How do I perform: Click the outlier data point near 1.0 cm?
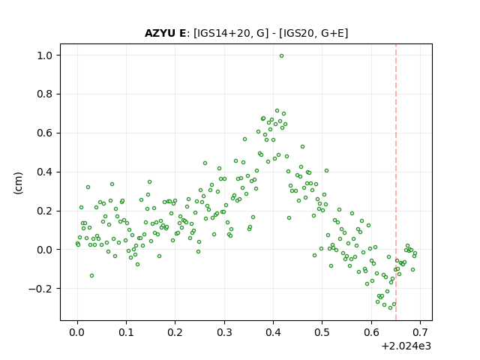[x=281, y=56]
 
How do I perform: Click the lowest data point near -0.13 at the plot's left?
[x=91, y=276]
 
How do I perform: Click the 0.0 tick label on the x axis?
[x=77, y=332]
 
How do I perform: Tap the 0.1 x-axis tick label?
[x=126, y=332]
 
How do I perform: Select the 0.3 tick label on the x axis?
[x=224, y=332]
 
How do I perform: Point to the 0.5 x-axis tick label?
[x=322, y=332]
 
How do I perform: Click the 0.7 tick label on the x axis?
[x=420, y=332]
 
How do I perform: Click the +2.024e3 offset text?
[x=406, y=346]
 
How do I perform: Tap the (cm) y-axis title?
[x=18, y=183]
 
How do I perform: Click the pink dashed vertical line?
[x=396, y=182]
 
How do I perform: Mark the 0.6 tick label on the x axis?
[x=371, y=332]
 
